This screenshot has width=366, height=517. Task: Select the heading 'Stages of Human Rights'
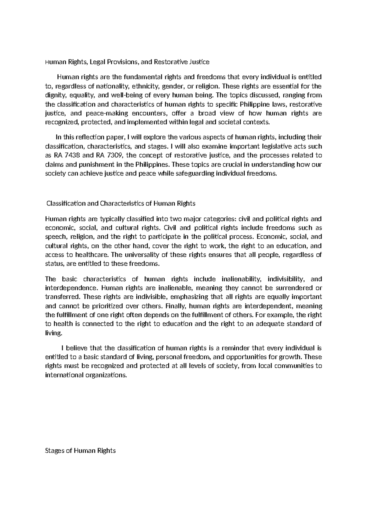(x=80, y=451)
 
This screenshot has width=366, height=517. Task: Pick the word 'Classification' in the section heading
(x=66, y=203)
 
